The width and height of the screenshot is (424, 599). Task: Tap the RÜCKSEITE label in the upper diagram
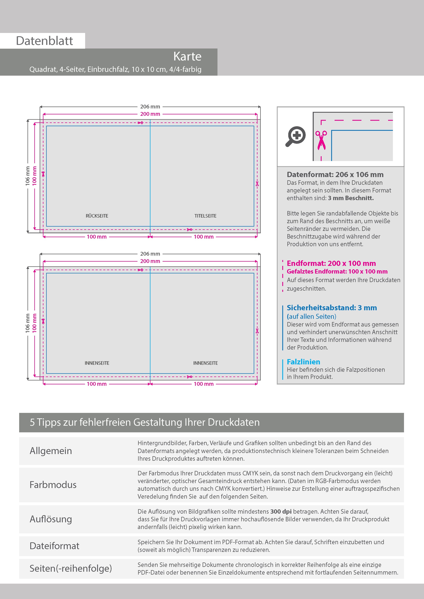point(97,216)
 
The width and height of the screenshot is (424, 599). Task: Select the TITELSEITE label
point(205,216)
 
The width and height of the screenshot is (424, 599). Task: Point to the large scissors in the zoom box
point(321,140)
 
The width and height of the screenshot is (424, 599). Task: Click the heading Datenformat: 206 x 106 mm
point(335,175)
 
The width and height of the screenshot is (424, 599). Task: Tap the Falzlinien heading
point(303,362)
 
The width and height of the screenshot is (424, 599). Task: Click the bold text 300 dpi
point(281,511)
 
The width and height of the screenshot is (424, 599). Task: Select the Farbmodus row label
point(53,485)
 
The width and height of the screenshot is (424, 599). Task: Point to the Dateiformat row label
point(54,546)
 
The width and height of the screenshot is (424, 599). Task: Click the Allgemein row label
point(51,451)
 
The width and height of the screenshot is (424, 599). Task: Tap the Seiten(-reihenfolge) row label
point(71,568)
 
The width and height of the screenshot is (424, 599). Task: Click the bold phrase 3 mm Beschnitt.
point(351,198)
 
